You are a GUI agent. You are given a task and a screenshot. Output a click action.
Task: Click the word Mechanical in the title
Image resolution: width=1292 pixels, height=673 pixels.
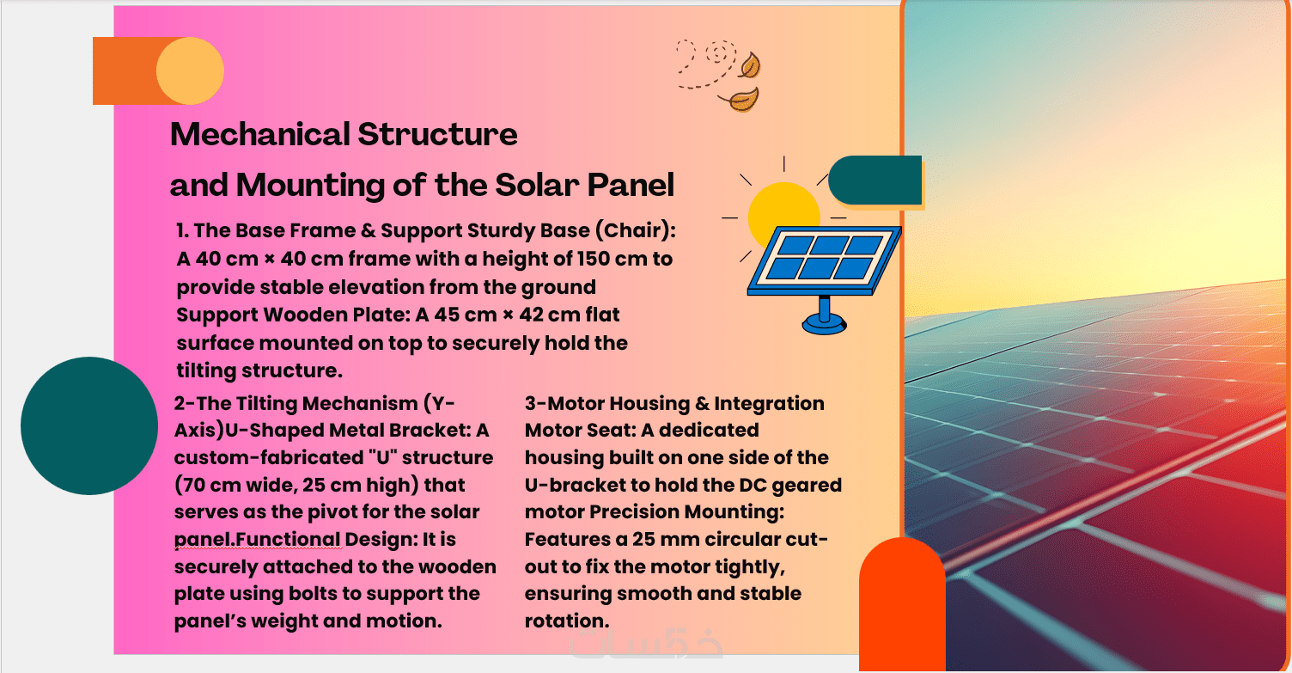(x=260, y=134)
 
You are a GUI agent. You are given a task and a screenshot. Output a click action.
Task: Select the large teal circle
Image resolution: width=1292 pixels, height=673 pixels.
(x=89, y=425)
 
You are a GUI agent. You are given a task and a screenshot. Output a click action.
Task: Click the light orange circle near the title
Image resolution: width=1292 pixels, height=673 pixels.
(x=191, y=71)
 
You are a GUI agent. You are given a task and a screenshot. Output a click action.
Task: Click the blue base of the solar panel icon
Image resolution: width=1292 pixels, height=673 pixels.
(x=824, y=324)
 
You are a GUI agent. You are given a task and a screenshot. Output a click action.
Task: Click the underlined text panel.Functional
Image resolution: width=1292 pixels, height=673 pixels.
(x=257, y=539)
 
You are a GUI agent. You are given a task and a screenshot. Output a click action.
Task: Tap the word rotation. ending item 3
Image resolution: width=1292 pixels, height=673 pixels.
(x=567, y=621)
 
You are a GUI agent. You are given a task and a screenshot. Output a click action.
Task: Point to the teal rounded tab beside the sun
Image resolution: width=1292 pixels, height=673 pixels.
(x=875, y=180)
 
